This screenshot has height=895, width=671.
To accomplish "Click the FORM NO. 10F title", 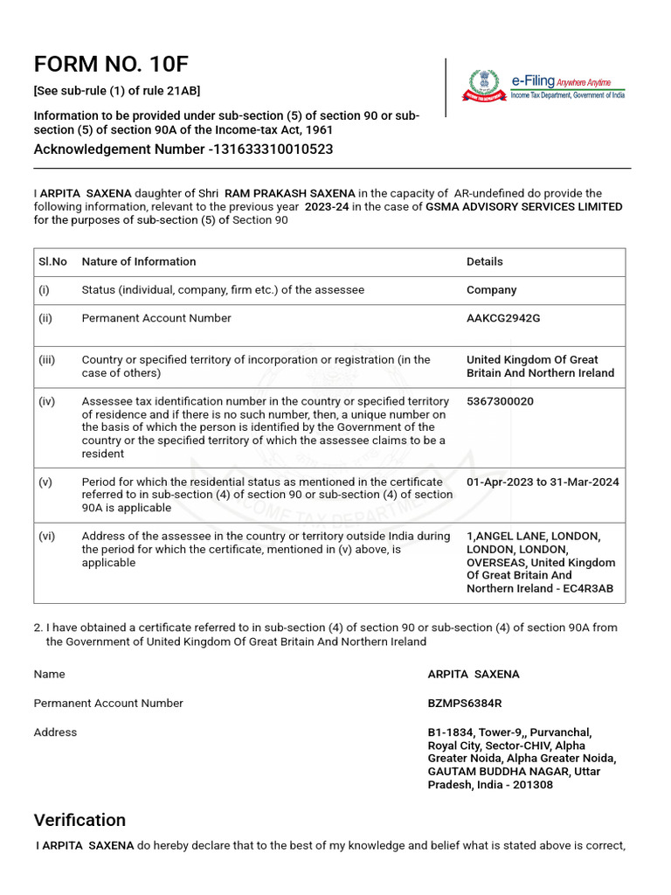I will tap(111, 65).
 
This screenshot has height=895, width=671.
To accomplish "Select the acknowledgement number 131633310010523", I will tap(272, 149).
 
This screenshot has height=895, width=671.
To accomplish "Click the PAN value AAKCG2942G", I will tap(503, 318).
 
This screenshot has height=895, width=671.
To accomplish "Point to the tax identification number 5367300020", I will tap(500, 401).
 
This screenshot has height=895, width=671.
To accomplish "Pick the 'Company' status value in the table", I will tap(491, 290).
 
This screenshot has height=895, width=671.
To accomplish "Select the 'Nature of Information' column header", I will tap(139, 261).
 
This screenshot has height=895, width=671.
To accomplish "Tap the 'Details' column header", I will tap(485, 261).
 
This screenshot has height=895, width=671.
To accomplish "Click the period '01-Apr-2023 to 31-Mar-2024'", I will tap(543, 482).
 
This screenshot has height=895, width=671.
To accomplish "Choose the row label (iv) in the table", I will tap(46, 401).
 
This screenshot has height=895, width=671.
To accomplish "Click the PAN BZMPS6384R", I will tap(465, 704).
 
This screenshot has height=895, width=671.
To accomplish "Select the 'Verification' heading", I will tap(80, 820).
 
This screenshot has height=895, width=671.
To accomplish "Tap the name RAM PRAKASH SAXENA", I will tap(289, 193).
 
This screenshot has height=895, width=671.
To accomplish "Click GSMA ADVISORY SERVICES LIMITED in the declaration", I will tap(523, 207).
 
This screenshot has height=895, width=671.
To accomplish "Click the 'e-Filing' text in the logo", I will tap(533, 80).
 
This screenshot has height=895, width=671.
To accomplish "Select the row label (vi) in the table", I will tap(46, 537).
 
